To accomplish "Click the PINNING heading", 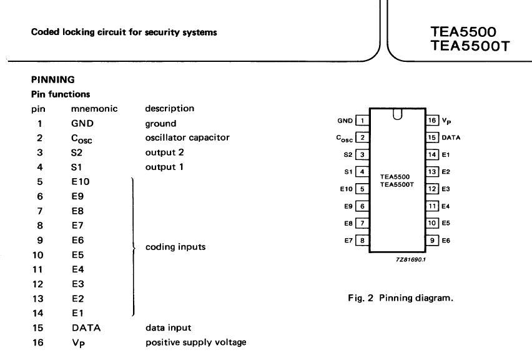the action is pyautogui.click(x=52, y=79).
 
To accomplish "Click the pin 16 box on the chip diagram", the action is pyautogui.click(x=432, y=120).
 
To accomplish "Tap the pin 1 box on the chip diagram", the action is pyautogui.click(x=362, y=121).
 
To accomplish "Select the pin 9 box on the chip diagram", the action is pyautogui.click(x=432, y=241).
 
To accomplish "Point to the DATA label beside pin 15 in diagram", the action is pyautogui.click(x=451, y=137).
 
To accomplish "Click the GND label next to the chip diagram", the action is pyautogui.click(x=345, y=121).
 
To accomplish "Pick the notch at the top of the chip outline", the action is pyautogui.click(x=397, y=114).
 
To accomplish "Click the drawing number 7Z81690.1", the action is pyautogui.click(x=411, y=259).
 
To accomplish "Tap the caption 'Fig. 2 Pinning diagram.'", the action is pyautogui.click(x=400, y=298).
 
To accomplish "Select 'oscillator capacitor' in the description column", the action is pyautogui.click(x=187, y=137).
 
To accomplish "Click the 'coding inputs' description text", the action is pyautogui.click(x=175, y=247).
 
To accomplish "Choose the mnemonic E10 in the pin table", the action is pyautogui.click(x=81, y=182).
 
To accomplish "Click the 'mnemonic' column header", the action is pyautogui.click(x=94, y=109).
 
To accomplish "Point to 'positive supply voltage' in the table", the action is pyautogui.click(x=196, y=342).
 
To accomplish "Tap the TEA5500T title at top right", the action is pyautogui.click(x=470, y=46).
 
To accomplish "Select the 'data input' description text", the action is pyautogui.click(x=169, y=327).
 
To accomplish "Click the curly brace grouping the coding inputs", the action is pyautogui.click(x=134, y=247).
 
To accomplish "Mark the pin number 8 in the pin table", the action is pyautogui.click(x=40, y=226).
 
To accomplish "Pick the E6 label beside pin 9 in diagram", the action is pyautogui.click(x=446, y=241).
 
